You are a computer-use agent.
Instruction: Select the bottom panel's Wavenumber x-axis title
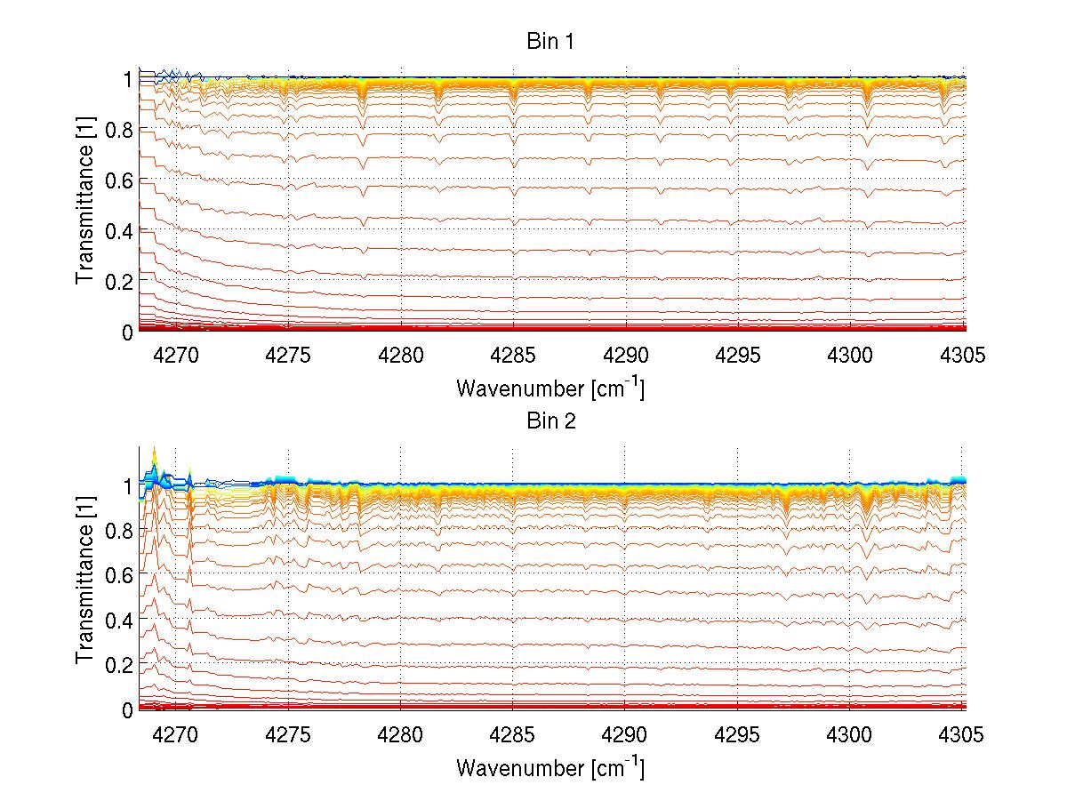point(550,766)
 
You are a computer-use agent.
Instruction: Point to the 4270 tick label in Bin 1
point(176,356)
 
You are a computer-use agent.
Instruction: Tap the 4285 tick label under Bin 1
point(513,356)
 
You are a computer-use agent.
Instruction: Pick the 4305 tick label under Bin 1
point(962,356)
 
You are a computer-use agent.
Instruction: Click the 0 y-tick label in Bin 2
point(128,709)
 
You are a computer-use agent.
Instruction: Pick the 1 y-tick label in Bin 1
point(128,79)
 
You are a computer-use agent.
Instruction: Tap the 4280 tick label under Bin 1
point(401,356)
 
